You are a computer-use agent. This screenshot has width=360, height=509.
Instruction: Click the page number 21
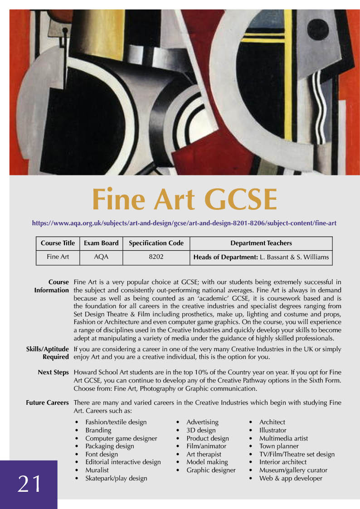click(x=29, y=484)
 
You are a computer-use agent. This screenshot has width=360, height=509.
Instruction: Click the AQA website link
click(x=184, y=223)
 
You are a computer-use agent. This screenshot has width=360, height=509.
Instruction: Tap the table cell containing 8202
click(x=156, y=257)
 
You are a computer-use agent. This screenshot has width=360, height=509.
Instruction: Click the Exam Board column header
click(x=101, y=243)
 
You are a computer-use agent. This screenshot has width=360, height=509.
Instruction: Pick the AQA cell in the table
click(x=101, y=257)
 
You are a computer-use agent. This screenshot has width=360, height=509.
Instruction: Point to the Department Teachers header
click(x=261, y=243)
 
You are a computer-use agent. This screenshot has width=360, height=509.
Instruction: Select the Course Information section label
click(x=51, y=286)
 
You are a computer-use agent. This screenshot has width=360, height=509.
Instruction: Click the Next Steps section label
click(x=53, y=372)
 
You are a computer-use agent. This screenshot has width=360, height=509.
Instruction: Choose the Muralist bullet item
click(x=97, y=470)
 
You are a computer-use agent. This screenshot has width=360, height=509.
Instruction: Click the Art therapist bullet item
click(x=204, y=454)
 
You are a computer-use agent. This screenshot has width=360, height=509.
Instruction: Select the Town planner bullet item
click(x=278, y=446)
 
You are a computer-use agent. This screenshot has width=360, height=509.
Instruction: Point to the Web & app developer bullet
click(x=290, y=478)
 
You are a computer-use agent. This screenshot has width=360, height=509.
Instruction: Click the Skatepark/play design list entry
click(x=116, y=478)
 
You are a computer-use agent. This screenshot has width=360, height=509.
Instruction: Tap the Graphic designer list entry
click(x=211, y=470)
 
